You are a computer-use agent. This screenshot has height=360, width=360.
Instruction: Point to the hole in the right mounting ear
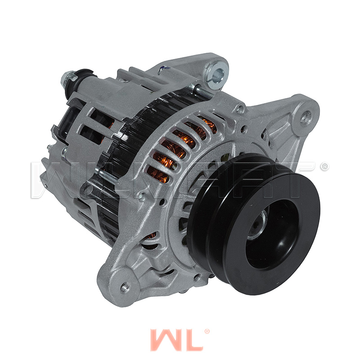(x=306, y=118)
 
